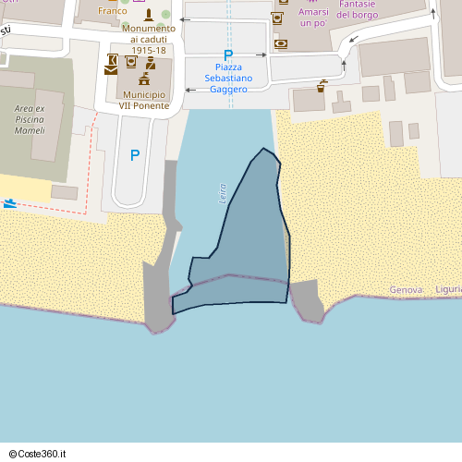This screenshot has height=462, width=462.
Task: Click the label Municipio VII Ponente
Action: pos(143,100)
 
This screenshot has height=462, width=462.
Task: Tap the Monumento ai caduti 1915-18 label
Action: pos(148,39)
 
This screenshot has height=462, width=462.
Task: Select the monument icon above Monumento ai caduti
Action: pos(148,15)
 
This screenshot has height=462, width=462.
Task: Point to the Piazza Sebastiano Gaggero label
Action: pos(227,79)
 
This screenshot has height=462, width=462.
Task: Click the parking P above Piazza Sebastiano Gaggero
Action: pos(228,55)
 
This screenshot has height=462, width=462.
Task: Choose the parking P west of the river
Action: pos(135,156)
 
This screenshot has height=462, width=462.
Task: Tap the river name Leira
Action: pos(223,193)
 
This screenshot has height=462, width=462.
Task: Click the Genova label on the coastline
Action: pos(406,290)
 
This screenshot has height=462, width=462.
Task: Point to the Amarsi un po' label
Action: pos(313,17)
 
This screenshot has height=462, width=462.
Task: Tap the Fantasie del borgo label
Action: pos(356,9)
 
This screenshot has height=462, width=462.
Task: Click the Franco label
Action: pos(113,11)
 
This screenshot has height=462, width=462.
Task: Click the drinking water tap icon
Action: pos(322,86)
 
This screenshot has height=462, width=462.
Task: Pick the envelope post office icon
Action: pos(112,67)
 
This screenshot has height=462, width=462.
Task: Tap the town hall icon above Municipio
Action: pos(144,79)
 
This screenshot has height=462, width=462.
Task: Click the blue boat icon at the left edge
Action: pos(9,203)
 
